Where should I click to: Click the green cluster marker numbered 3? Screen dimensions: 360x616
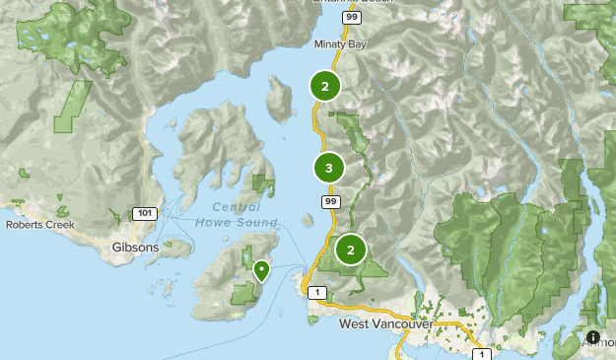coord(328,169)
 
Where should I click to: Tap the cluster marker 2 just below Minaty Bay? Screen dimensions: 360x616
coord(324,86)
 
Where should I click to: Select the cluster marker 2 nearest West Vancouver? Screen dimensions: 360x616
coord(350,250)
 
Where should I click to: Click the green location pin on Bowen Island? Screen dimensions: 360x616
coord(261,269)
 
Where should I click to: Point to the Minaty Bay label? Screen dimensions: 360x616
coord(339,44)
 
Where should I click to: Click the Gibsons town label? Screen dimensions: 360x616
coord(135,248)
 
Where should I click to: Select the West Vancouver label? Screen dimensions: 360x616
coord(385,324)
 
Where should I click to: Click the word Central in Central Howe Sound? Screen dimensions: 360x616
coord(237,207)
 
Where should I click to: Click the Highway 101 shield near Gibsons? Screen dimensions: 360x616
coord(143,213)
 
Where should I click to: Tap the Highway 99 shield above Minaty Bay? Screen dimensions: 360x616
coord(351,17)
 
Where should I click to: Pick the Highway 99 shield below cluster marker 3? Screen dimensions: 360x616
coord(330,201)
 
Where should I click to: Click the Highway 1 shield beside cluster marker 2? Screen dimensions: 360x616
coord(316,293)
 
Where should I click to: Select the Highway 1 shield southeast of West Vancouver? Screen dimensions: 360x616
coord(480,352)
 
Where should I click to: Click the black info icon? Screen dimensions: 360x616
coord(593,337)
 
